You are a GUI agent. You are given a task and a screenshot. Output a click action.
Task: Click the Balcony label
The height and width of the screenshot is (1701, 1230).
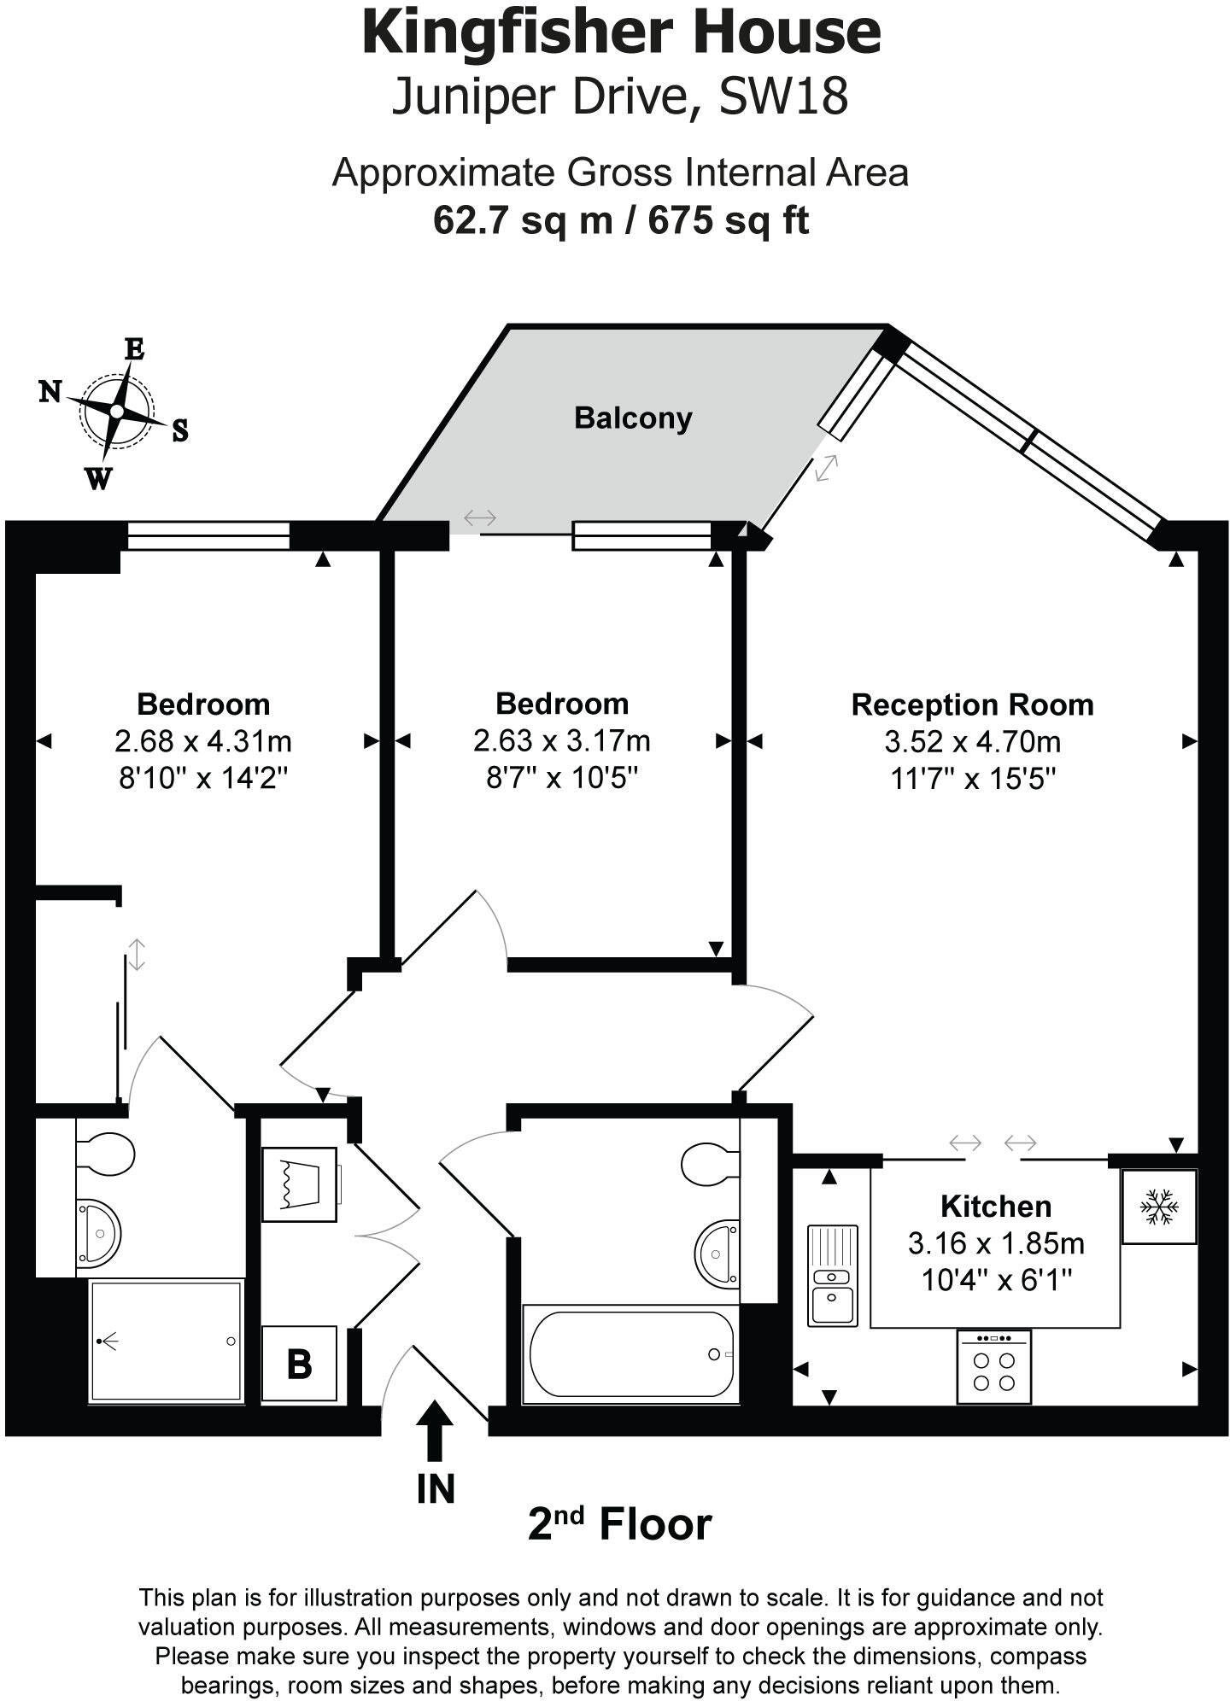coord(632,418)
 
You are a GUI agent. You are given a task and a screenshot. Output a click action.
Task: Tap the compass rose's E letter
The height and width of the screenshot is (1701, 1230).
coord(134,349)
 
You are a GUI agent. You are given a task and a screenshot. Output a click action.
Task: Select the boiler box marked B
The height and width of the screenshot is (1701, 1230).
coord(299,1364)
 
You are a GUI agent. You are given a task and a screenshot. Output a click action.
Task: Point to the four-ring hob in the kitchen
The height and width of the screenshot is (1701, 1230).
coord(994,1371)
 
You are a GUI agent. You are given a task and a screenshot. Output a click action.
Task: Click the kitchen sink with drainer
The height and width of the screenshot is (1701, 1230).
coord(832,1275)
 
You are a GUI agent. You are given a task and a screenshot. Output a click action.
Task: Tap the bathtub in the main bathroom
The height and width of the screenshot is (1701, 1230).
coord(630,1353)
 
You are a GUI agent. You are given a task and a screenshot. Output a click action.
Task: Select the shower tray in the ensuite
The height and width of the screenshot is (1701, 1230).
coord(167,1341)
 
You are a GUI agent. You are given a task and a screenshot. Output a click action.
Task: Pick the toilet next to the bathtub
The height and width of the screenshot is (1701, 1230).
coord(711,1161)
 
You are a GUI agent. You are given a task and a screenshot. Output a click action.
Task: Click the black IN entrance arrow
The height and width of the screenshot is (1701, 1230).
coord(436,1432)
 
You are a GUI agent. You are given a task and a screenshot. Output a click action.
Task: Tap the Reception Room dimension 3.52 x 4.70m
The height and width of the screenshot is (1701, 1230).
coord(972,741)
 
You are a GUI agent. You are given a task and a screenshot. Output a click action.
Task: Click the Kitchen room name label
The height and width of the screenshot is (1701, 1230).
coord(996,1207)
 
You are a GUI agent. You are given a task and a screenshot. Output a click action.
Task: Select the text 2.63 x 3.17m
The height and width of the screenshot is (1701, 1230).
coord(561,740)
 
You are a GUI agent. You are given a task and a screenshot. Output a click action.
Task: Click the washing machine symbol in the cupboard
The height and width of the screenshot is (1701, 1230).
coord(299,1184)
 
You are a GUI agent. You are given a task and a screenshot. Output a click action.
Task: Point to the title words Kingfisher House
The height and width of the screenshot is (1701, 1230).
coord(621,32)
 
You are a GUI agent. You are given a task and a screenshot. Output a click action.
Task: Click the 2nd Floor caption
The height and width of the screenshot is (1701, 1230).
coord(619,1524)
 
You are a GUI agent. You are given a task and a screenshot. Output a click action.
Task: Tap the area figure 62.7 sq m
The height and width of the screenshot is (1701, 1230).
coord(523,220)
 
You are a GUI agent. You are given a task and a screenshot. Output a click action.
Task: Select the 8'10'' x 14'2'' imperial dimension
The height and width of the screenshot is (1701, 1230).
coord(203,778)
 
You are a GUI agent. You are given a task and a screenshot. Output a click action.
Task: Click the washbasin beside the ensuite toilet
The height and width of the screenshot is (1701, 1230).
coord(100,1232)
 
